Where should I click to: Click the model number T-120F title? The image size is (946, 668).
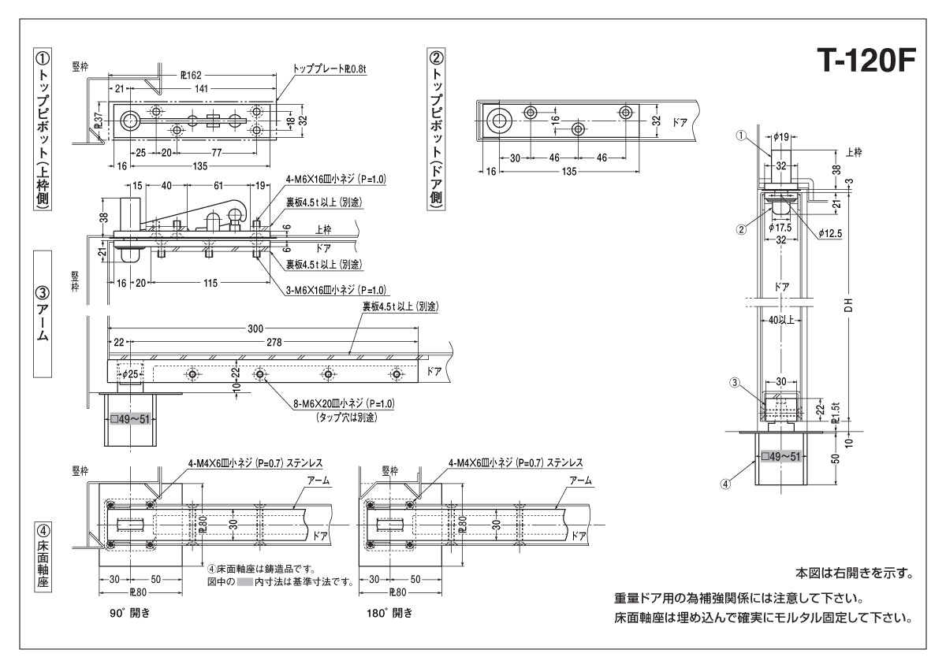click(x=864, y=61)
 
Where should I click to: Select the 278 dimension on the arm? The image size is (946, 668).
click(x=275, y=342)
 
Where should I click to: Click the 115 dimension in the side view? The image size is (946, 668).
click(x=209, y=284)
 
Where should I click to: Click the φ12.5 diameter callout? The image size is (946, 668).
click(x=832, y=233)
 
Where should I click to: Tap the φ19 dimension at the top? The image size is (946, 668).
click(x=780, y=137)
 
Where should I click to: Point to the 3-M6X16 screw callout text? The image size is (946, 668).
click(x=336, y=289)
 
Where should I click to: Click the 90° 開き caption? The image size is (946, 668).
click(x=130, y=612)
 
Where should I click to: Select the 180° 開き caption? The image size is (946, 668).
click(x=390, y=612)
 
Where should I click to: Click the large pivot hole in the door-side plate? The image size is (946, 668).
click(x=498, y=121)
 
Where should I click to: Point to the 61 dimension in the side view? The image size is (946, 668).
click(x=218, y=186)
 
